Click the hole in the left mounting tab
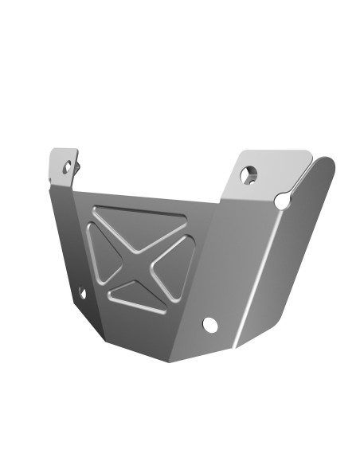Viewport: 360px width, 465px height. pyautogui.click(x=68, y=167)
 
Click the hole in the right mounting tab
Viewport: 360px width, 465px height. pyautogui.click(x=249, y=174)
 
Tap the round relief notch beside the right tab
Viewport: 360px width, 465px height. pyautogui.click(x=282, y=201)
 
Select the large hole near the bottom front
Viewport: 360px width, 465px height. pyautogui.click(x=210, y=325)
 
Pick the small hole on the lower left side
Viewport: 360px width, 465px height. pyautogui.click(x=81, y=293)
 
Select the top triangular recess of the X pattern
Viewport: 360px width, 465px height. pyautogui.click(x=139, y=227)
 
